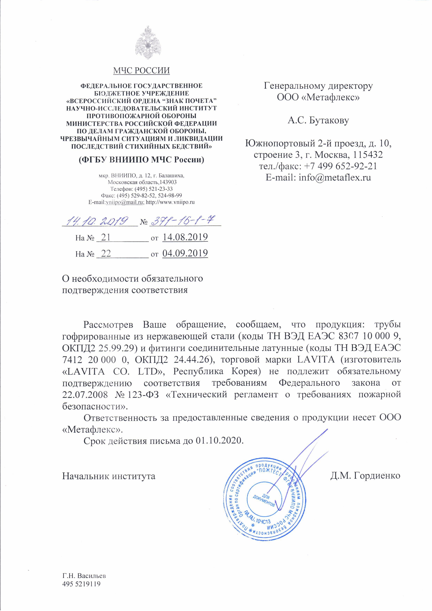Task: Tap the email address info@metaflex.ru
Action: click(x=335, y=177)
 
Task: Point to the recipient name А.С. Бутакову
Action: click(x=318, y=121)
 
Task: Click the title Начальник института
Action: click(x=109, y=476)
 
